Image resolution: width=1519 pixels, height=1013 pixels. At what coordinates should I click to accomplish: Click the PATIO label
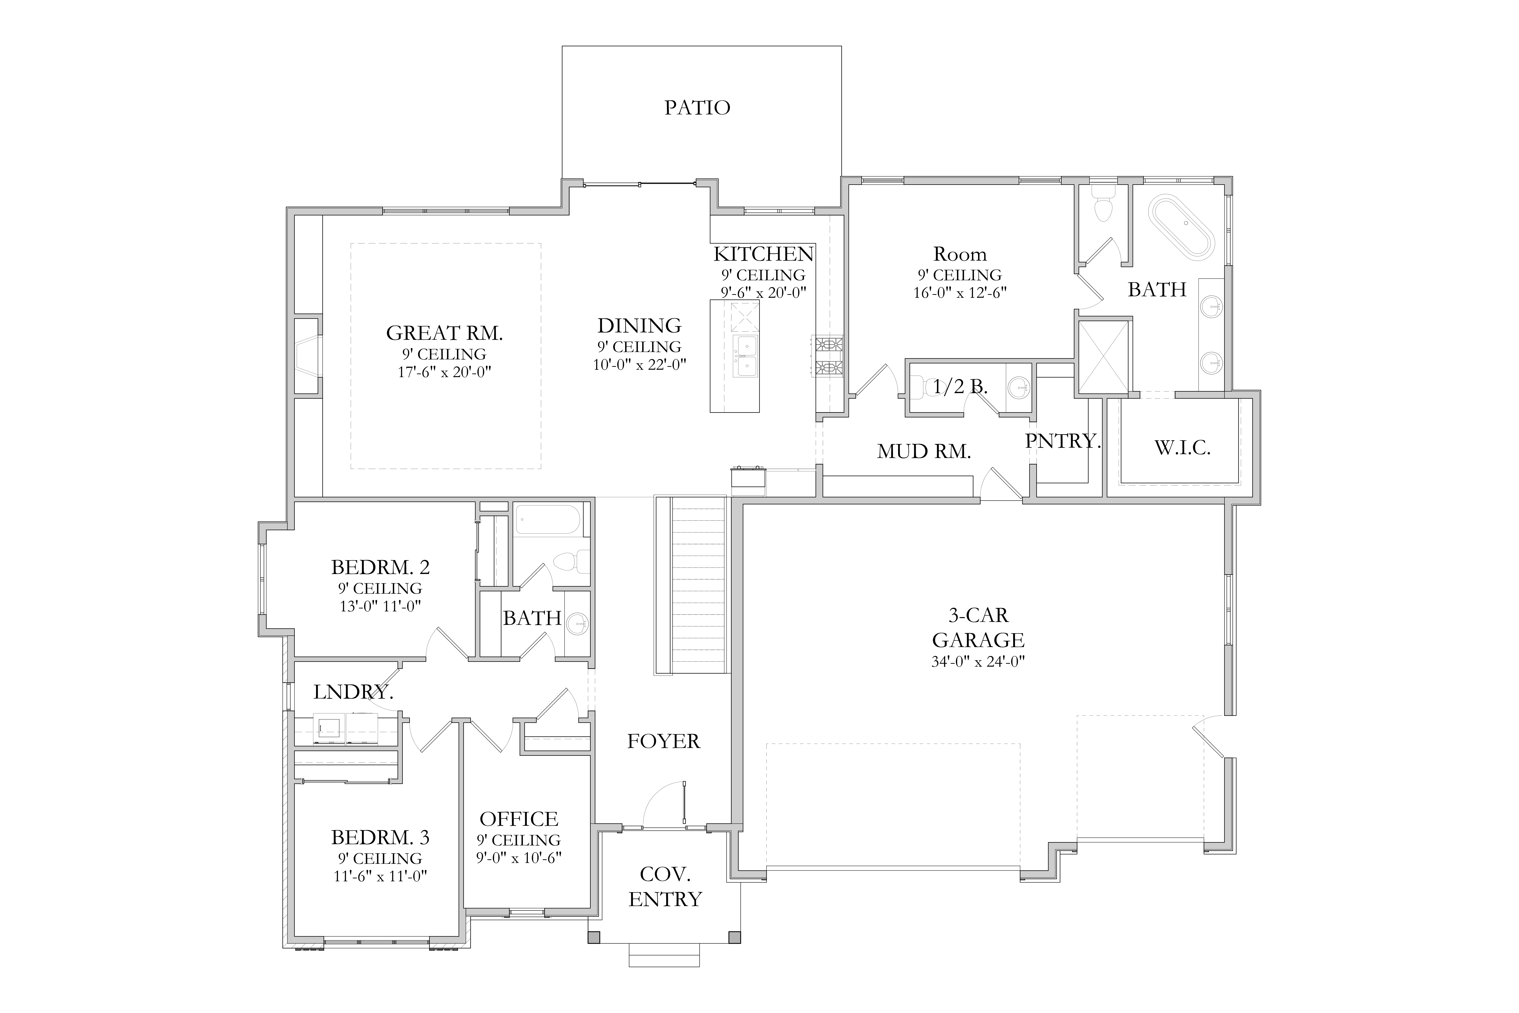[x=697, y=107]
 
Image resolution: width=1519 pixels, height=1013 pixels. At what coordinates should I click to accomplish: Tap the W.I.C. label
[x=1182, y=448]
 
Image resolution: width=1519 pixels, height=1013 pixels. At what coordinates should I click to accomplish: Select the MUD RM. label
[x=924, y=452]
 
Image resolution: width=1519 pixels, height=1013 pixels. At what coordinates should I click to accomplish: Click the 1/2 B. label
[x=960, y=387]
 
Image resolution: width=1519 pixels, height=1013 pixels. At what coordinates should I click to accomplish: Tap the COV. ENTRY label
[x=665, y=886]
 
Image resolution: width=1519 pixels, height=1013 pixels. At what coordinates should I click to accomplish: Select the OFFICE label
[x=519, y=819]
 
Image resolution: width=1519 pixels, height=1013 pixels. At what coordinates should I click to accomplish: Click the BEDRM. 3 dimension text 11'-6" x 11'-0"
[x=380, y=877]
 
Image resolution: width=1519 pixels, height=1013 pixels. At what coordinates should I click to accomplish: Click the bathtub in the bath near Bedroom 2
[x=548, y=519]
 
